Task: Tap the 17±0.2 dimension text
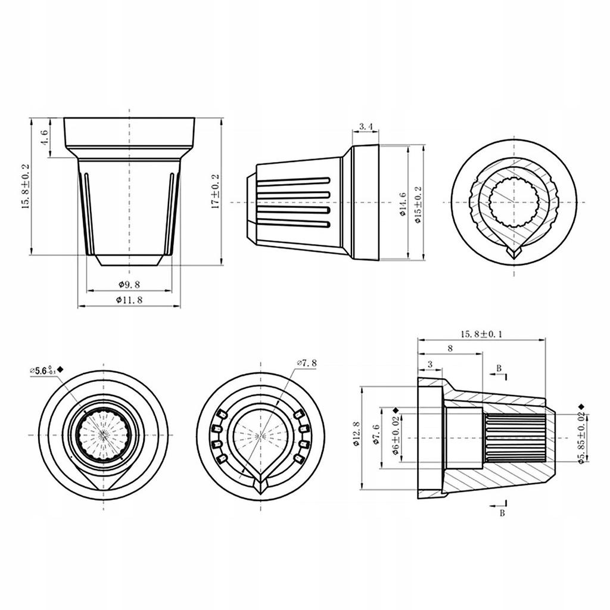pyautogui.click(x=216, y=191)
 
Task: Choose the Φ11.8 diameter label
pyautogui.click(x=129, y=300)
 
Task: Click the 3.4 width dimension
pyautogui.click(x=366, y=126)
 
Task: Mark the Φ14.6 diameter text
pyautogui.click(x=403, y=203)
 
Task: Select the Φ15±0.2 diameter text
pyautogui.click(x=418, y=203)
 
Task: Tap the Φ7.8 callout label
pyautogui.click(x=307, y=362)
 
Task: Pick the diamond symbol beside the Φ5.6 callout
pyautogui.click(x=61, y=370)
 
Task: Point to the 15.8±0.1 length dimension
pyautogui.click(x=481, y=334)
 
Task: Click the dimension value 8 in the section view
pyautogui.click(x=450, y=348)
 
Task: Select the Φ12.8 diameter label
pyautogui.click(x=356, y=434)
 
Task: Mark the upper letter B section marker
pyautogui.click(x=499, y=368)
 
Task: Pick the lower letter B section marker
pyautogui.click(x=502, y=513)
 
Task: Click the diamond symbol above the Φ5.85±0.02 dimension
pyautogui.click(x=581, y=407)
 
